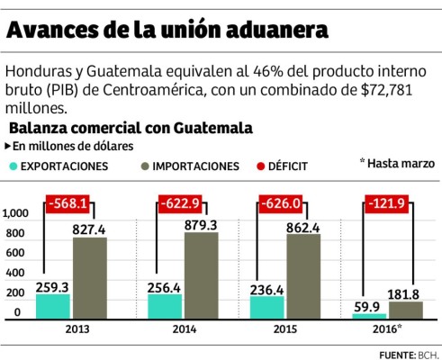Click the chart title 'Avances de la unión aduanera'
tap(167, 30)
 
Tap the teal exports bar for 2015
tap(266, 307)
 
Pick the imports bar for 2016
tap(405, 310)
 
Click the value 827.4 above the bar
tap(90, 229)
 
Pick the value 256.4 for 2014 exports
tap(166, 285)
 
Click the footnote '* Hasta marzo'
tap(397, 163)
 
